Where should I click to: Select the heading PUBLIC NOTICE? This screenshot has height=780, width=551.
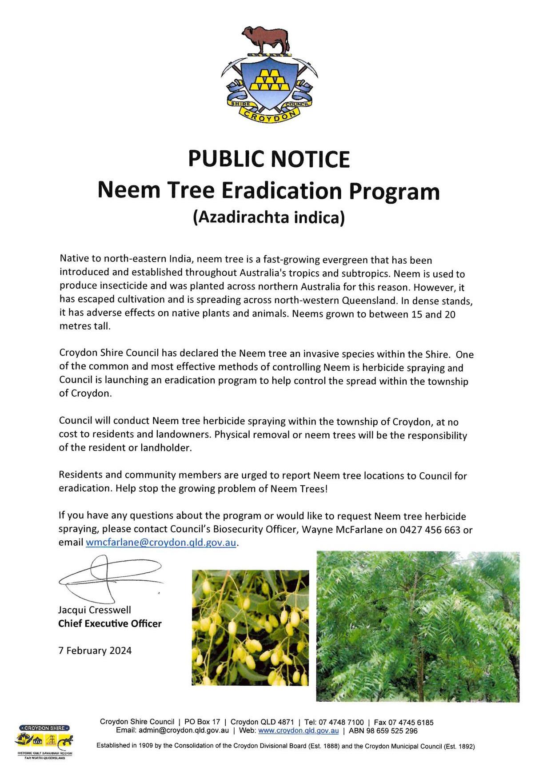[269, 159]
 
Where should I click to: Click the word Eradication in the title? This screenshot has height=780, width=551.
[281, 190]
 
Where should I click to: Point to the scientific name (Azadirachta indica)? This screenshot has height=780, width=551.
[269, 217]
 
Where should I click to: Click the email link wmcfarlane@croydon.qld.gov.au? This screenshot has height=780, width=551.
[161, 543]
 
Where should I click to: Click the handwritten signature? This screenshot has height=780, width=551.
[109, 578]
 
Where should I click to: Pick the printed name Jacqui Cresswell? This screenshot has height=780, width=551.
[95, 610]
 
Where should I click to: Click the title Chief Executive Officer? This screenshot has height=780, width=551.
[110, 623]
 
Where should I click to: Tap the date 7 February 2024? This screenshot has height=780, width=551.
[95, 651]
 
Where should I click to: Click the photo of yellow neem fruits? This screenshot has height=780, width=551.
[250, 627]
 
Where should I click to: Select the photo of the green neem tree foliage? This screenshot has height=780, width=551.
[418, 626]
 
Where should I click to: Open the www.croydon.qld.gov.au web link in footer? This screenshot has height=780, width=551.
[298, 731]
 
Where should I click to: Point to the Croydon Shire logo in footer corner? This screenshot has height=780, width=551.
[44, 741]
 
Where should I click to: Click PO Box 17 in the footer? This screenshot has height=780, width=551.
[202, 722]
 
